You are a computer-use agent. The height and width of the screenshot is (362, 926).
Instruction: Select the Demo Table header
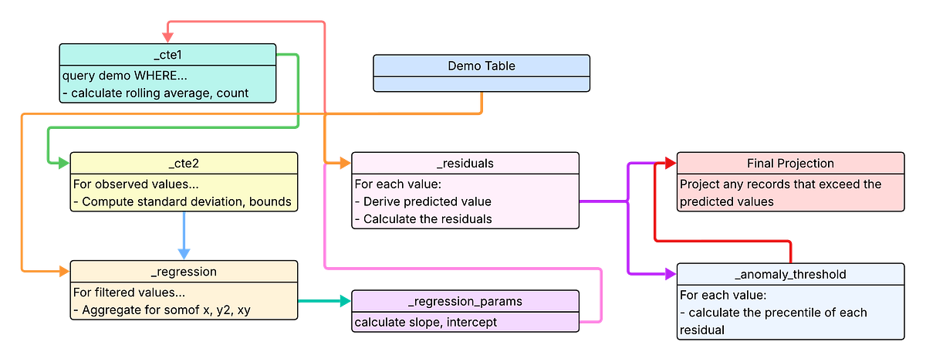(x=481, y=66)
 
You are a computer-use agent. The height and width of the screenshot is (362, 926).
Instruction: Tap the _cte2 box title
(x=184, y=163)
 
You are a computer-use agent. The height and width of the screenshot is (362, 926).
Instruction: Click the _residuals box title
(x=465, y=163)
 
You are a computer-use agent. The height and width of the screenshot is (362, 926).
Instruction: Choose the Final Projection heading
(x=790, y=163)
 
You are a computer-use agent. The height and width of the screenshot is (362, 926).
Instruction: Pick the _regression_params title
(x=465, y=301)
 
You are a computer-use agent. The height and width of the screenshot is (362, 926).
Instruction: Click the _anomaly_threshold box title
(x=790, y=274)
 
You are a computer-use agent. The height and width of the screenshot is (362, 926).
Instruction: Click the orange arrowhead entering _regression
(x=59, y=271)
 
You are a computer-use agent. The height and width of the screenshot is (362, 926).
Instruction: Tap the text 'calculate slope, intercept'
(x=426, y=322)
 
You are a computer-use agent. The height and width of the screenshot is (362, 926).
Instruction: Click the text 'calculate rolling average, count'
(x=160, y=93)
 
